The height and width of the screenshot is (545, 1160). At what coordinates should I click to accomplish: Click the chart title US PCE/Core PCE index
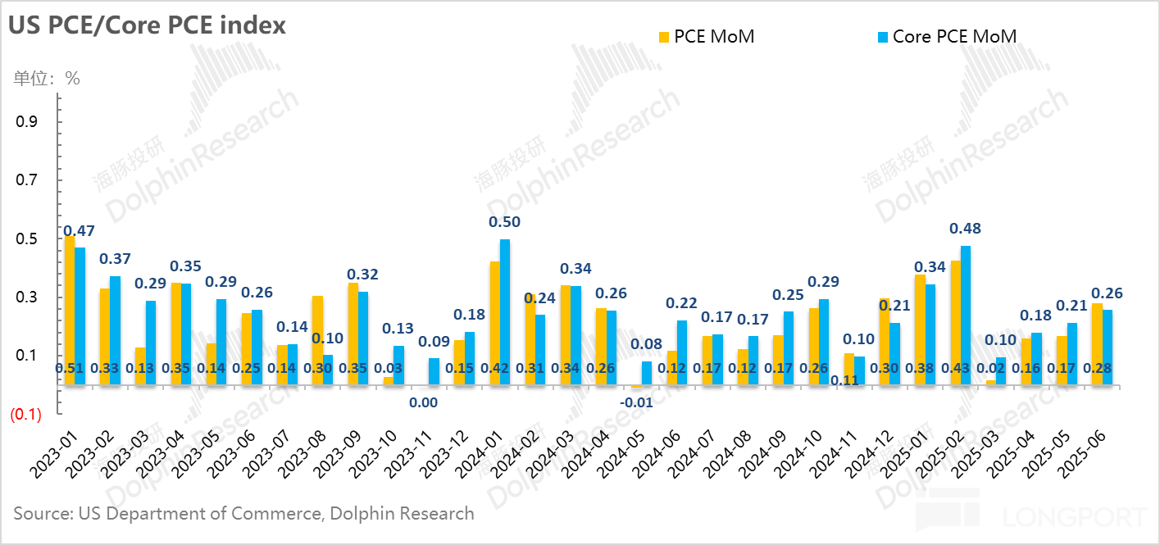[148, 25]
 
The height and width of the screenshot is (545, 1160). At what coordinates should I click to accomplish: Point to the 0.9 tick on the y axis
[29, 122]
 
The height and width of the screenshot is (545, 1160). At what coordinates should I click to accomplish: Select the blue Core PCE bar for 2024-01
[505, 311]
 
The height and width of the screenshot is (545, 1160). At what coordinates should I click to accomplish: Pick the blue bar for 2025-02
[965, 315]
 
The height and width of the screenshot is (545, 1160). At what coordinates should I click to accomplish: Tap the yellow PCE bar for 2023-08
[317, 340]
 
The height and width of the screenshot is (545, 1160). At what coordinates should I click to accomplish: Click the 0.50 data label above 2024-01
[504, 222]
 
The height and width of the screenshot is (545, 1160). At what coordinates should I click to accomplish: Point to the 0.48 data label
[965, 229]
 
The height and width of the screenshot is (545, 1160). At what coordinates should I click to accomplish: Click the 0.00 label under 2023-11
[423, 402]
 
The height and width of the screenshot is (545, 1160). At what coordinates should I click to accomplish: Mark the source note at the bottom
[243, 514]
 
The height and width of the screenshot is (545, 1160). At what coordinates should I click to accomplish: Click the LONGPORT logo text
[1074, 517]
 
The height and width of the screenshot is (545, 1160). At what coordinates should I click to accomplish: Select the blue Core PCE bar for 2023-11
[434, 371]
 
